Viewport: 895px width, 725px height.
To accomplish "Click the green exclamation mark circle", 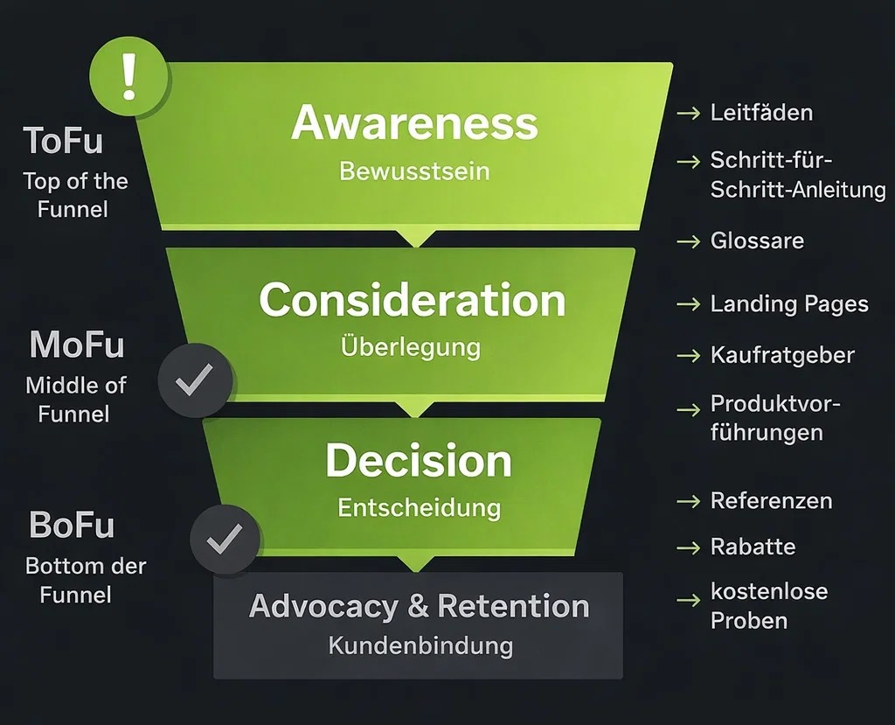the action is (x=129, y=77).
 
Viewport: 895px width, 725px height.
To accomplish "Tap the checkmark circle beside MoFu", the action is (x=195, y=380).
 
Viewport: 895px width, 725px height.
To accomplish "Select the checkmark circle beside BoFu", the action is (x=225, y=540).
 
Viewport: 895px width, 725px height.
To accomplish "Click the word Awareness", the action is (x=414, y=122).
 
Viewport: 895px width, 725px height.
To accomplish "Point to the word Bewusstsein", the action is (x=414, y=171).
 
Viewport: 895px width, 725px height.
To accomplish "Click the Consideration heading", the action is (x=413, y=300).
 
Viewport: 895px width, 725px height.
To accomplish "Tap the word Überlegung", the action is (x=411, y=347).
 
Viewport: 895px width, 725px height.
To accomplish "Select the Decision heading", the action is (x=419, y=461).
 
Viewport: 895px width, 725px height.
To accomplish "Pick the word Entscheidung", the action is (x=419, y=508).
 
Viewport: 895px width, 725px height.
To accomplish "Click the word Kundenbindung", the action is (x=420, y=646).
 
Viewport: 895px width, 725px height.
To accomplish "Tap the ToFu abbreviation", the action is (x=63, y=141).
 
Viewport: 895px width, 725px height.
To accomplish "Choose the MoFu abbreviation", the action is (x=77, y=345).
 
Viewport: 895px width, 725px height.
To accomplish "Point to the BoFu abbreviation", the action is (x=72, y=525).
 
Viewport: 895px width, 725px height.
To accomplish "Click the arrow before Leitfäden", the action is (x=689, y=113).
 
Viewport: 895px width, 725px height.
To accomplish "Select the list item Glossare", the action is (x=757, y=241).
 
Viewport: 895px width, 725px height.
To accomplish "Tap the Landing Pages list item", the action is (x=789, y=304).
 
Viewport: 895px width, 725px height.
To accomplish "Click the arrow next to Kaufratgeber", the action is (x=689, y=355).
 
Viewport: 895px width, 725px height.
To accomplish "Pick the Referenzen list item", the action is (x=771, y=501).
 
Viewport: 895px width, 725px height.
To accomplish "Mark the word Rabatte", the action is (x=753, y=547).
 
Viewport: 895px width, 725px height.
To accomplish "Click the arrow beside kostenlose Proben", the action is (x=689, y=600).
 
